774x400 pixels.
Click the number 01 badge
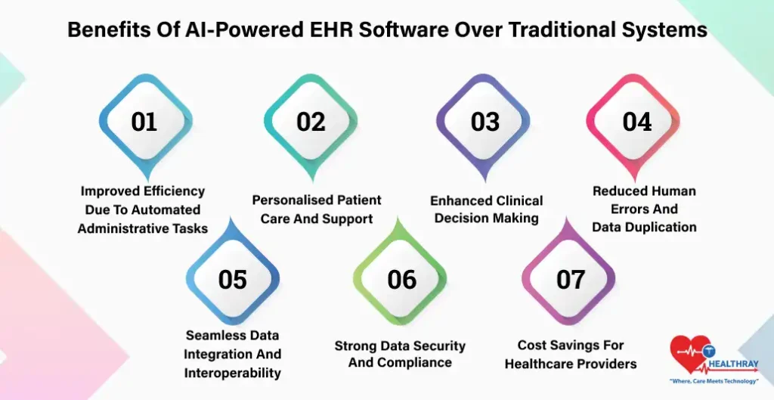pyautogui.click(x=144, y=122)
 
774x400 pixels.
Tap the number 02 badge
pyautogui.click(x=311, y=122)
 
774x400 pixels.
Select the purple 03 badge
pyautogui.click(x=485, y=122)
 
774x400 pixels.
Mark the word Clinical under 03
pyautogui.click(x=517, y=200)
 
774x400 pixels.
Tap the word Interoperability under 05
pyautogui.click(x=233, y=373)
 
